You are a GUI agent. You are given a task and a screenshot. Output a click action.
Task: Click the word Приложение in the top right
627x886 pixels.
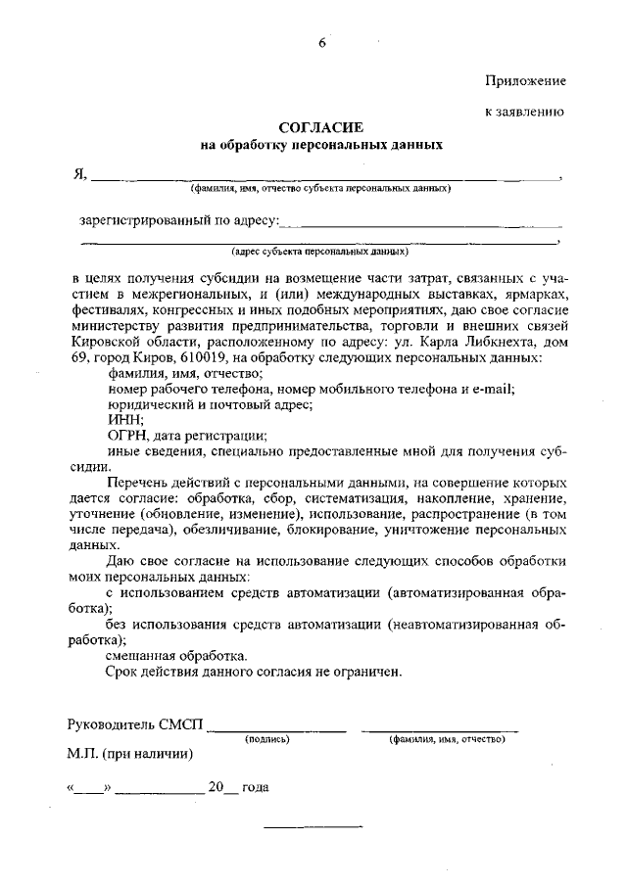pos(525,79)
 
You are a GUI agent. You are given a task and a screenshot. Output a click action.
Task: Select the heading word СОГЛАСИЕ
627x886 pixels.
pos(321,127)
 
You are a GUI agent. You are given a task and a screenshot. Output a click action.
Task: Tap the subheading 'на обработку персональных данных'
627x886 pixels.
pos(321,145)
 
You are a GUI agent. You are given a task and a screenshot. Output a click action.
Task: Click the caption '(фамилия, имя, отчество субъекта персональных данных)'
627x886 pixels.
pos(321,189)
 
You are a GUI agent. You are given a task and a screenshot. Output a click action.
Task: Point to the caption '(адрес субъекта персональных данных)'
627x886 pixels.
pos(320,250)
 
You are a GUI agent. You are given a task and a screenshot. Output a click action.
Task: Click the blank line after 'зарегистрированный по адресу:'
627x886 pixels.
pos(421,222)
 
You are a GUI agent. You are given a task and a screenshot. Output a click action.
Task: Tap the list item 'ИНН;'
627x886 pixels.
pos(125,420)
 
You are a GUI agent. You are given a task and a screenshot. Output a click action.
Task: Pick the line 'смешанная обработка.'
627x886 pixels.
pos(176,655)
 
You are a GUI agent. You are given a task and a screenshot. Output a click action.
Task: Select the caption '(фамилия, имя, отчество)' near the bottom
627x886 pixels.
pos(447,739)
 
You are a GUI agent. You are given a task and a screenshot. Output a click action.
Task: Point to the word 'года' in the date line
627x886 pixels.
pos(256,787)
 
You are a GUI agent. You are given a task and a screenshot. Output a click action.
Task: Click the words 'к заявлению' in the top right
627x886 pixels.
pos(526,112)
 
